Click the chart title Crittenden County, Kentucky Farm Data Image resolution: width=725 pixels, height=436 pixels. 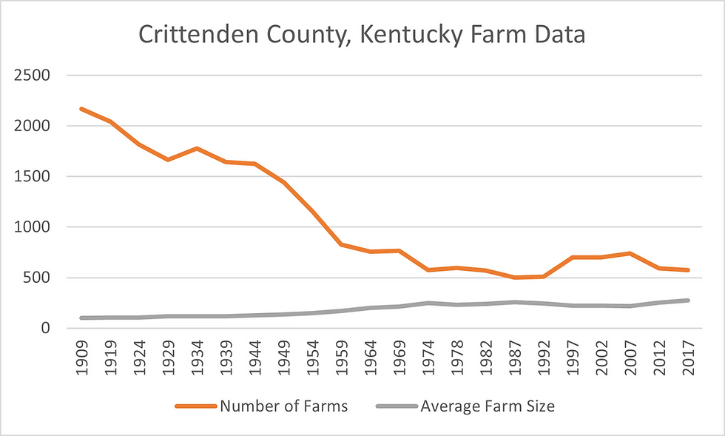362,34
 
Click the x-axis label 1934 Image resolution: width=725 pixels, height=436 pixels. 196,360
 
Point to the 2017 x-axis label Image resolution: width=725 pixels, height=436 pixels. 688,360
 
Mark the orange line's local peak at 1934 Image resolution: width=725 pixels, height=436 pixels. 196,148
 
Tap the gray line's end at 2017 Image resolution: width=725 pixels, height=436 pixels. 688,301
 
